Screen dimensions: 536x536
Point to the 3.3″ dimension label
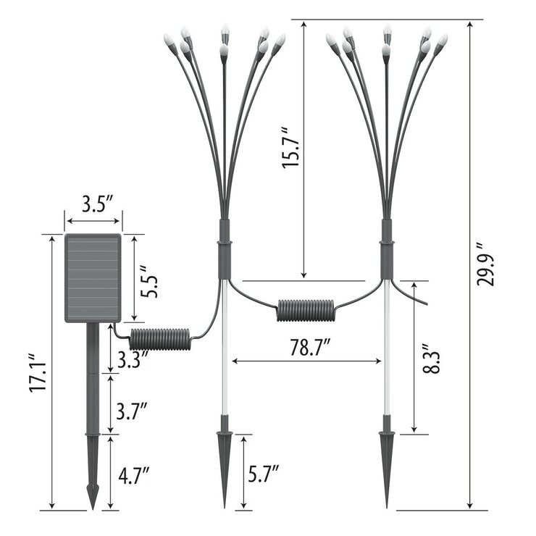pos(133,359)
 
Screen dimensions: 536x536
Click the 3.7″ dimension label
pos(132,411)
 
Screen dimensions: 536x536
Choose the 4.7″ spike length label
pos(134,475)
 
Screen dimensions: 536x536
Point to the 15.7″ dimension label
pos(290,148)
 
